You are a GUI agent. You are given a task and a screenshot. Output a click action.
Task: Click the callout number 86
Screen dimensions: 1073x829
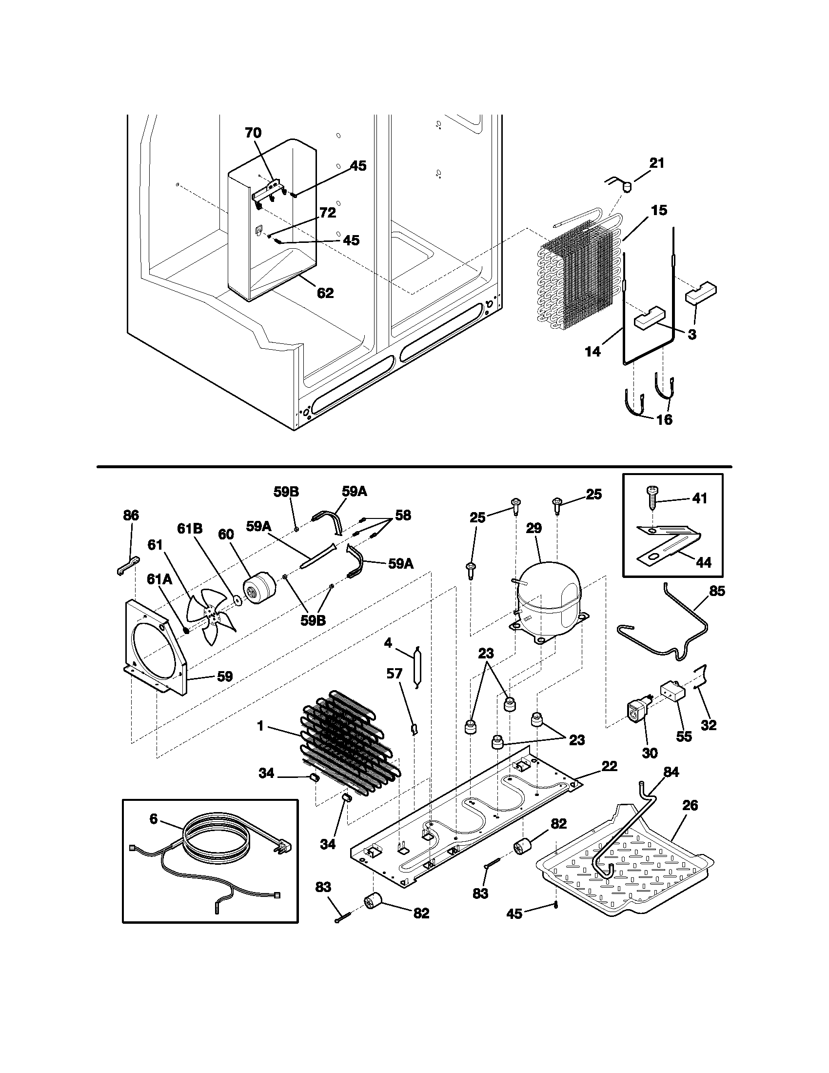coord(131,516)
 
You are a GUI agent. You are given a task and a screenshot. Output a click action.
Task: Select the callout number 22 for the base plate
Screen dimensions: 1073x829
coord(609,766)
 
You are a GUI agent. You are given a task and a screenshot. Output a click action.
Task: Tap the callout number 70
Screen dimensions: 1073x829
coord(254,133)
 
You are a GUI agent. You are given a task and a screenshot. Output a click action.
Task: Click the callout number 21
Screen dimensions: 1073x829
coord(657,163)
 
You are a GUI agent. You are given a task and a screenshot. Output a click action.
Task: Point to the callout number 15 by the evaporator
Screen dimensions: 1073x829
coord(659,211)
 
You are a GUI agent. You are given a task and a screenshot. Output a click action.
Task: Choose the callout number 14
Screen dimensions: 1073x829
coord(593,352)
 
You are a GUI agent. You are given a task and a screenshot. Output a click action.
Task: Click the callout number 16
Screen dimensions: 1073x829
coord(664,419)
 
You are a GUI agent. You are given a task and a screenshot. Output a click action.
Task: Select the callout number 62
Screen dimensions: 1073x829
coord(325,293)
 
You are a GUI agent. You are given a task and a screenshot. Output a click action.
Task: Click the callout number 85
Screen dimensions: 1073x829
coord(717,591)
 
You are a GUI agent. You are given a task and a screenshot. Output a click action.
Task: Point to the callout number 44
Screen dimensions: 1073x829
coord(704,562)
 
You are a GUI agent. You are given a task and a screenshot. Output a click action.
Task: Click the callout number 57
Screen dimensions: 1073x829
coord(395,674)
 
